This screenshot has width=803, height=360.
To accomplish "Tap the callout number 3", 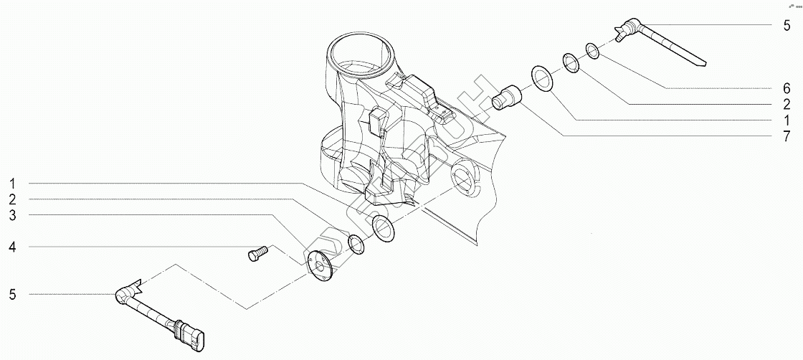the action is pos(13,215).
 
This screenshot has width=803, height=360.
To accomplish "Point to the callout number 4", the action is pos(13,247).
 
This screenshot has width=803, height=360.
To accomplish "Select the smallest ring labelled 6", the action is pos(593,49).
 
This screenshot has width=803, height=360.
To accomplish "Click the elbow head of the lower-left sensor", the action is pos(123,293).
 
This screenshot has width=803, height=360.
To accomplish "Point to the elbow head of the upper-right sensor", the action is pos(627,29).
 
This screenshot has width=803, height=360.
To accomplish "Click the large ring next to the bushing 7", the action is pos(541,77).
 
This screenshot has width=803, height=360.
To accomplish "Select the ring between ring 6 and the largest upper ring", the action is pos(571,62).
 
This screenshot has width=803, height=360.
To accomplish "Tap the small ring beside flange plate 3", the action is pos(356,244).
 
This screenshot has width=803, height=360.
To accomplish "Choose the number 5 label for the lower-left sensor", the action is pos(13,294).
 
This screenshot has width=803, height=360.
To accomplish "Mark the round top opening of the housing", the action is pos(360,56).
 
